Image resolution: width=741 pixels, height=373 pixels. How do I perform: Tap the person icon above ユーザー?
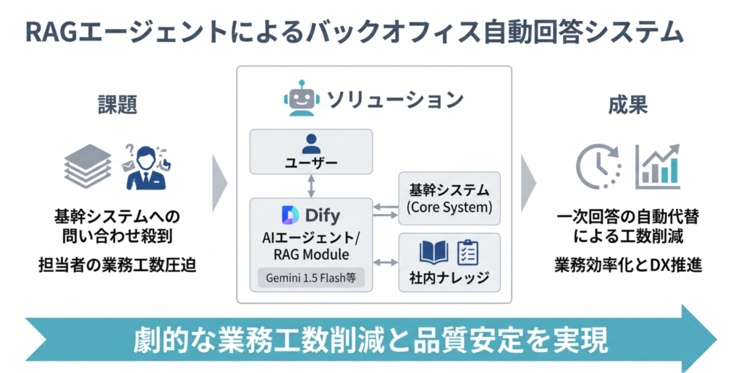(311, 142)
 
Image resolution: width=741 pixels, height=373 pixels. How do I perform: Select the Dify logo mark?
(287, 215)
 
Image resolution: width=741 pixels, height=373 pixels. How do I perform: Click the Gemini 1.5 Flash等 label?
(311, 277)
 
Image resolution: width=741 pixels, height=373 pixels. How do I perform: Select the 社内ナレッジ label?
(449, 277)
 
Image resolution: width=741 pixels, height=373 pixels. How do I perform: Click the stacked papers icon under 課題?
(88, 166)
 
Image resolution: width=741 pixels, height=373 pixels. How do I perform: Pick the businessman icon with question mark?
(145, 166)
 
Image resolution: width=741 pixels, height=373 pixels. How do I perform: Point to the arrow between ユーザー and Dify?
(311, 186)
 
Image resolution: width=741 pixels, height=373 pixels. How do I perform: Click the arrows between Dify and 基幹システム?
(386, 210)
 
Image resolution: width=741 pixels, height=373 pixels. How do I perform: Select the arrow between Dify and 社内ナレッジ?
(386, 261)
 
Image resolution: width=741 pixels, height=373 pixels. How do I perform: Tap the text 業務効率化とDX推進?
(628, 265)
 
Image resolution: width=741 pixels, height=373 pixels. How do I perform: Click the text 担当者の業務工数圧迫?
(117, 265)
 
